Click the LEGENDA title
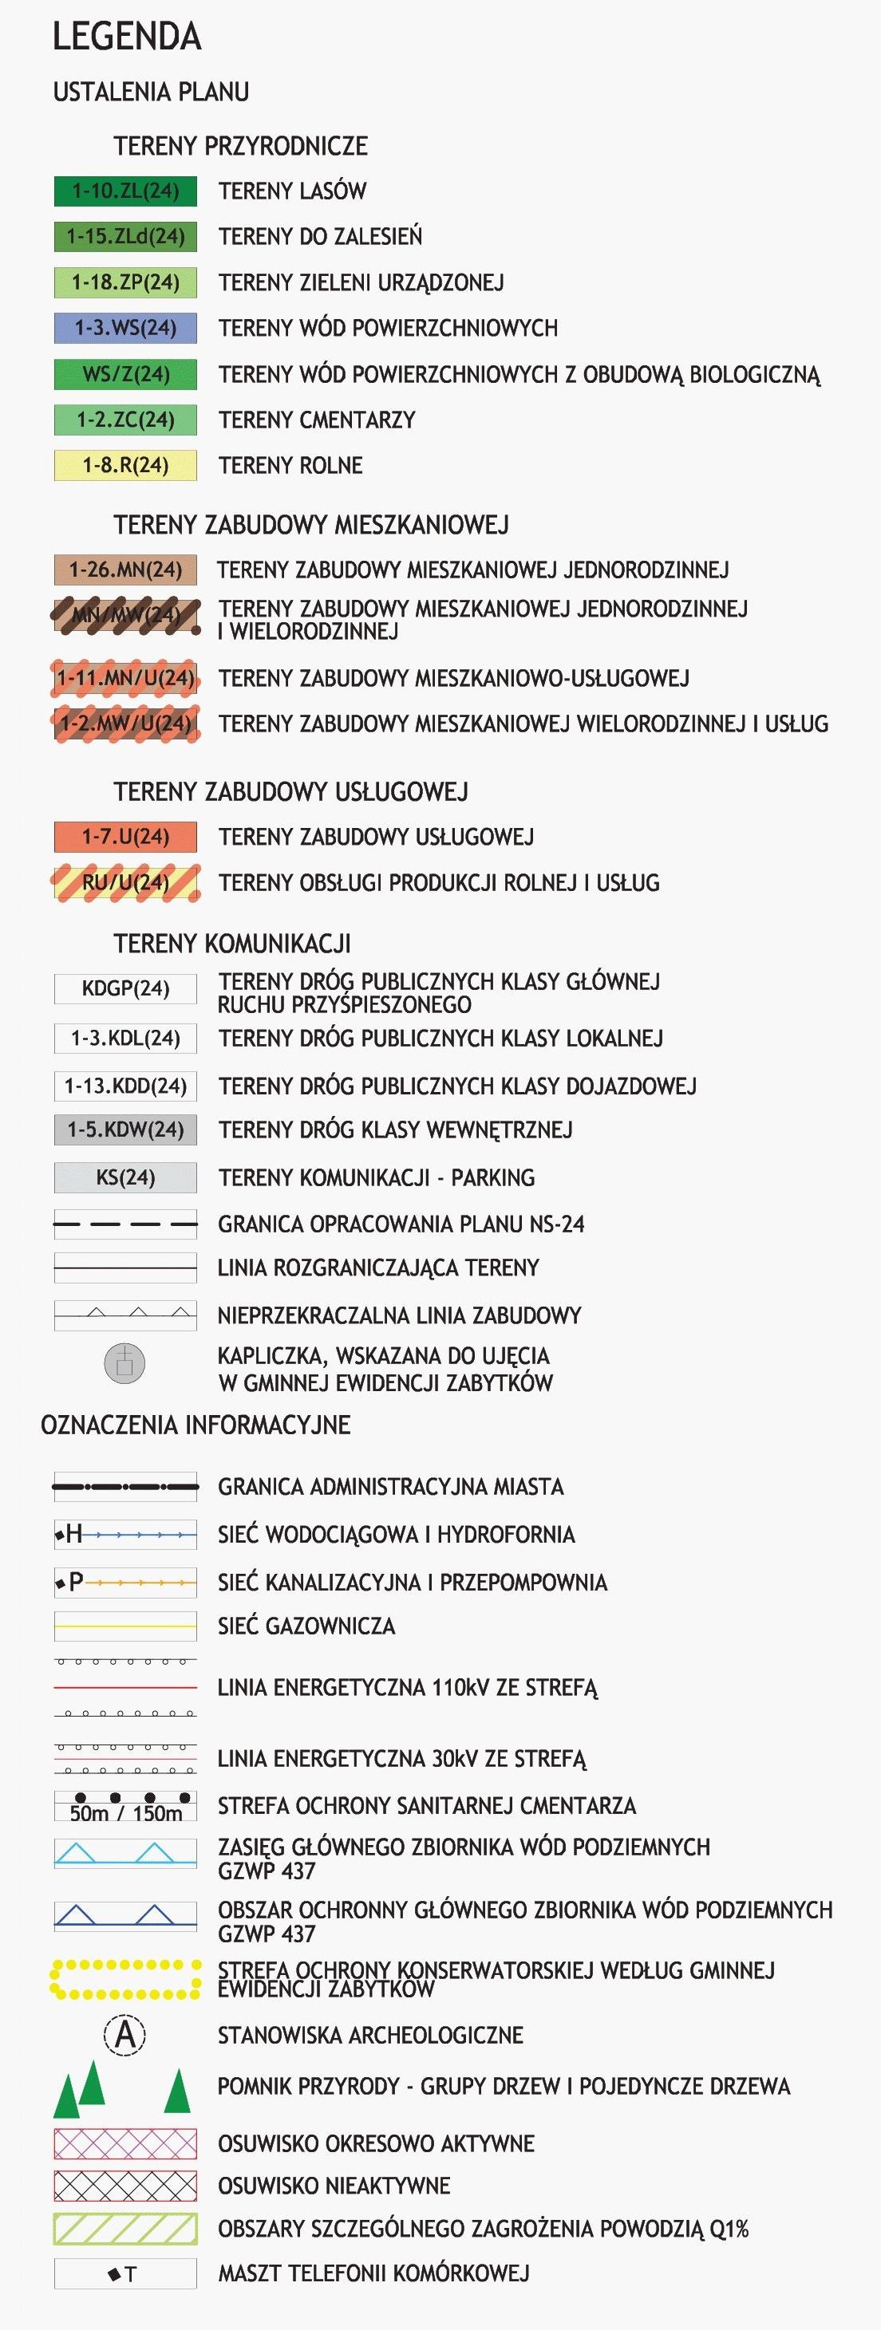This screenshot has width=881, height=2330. click(127, 36)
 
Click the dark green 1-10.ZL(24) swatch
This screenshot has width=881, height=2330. click(124, 191)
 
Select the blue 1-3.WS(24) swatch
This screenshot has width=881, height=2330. click(124, 327)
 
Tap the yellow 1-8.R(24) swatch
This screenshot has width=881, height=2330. click(124, 465)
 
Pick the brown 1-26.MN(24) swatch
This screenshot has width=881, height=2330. click(124, 570)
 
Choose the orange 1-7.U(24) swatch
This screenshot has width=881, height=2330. click(124, 837)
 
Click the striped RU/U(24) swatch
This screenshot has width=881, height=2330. click(124, 883)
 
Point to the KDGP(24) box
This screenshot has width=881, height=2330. click(124, 988)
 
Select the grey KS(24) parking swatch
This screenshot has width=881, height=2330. click(124, 1177)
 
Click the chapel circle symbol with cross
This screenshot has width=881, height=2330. click(124, 1363)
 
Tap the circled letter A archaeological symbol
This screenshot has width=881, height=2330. click(124, 2035)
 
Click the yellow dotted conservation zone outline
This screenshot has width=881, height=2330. click(124, 1979)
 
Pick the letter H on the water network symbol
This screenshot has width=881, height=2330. click(74, 1533)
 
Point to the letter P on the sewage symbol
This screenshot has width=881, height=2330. click(76, 1581)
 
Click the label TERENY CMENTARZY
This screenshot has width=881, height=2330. click(317, 420)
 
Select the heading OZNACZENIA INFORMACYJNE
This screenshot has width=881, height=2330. click(196, 1425)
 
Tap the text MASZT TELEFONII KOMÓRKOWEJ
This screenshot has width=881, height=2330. click(373, 2273)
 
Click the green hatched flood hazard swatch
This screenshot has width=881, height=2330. click(124, 2229)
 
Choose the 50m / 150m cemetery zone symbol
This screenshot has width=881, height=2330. click(124, 1806)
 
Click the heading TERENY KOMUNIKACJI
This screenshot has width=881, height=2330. click(232, 944)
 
